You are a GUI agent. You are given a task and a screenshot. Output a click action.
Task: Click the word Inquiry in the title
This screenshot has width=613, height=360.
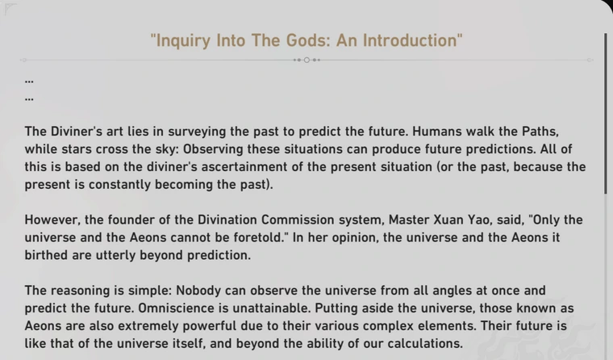point(183,41)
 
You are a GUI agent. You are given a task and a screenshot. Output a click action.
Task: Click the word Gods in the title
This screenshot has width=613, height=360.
point(308,40)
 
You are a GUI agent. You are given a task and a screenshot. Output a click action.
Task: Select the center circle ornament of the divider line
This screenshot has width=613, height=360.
point(306,60)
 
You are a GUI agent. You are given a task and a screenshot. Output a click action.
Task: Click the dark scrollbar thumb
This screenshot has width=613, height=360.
point(606,114)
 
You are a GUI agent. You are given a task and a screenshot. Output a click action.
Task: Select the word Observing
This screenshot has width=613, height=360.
point(213,149)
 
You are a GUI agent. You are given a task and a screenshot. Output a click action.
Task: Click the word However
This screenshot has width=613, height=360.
point(52,220)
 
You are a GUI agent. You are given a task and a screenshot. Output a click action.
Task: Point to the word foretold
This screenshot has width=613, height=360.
point(258,237)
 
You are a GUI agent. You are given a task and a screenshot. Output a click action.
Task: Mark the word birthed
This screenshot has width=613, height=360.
point(46,255)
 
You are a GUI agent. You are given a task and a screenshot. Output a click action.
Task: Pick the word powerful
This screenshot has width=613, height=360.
point(210,326)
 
